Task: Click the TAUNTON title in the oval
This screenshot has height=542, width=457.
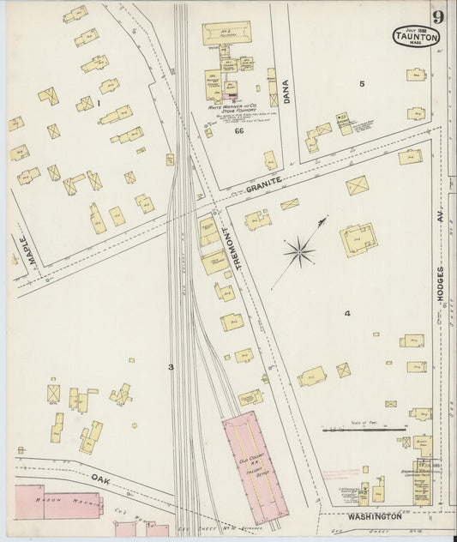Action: pyautogui.click(x=417, y=37)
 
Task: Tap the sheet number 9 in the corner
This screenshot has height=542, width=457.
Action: pyautogui.click(x=438, y=16)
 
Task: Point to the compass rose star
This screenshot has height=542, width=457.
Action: pyautogui.click(x=298, y=251)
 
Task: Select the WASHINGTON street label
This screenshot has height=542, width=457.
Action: pyautogui.click(x=374, y=516)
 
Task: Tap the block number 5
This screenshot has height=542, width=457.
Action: pyautogui.click(x=362, y=83)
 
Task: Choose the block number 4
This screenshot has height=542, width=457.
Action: pyautogui.click(x=347, y=314)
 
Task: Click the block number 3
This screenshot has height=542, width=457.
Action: pyautogui.click(x=171, y=367)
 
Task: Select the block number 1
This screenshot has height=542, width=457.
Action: pyautogui.click(x=99, y=104)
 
